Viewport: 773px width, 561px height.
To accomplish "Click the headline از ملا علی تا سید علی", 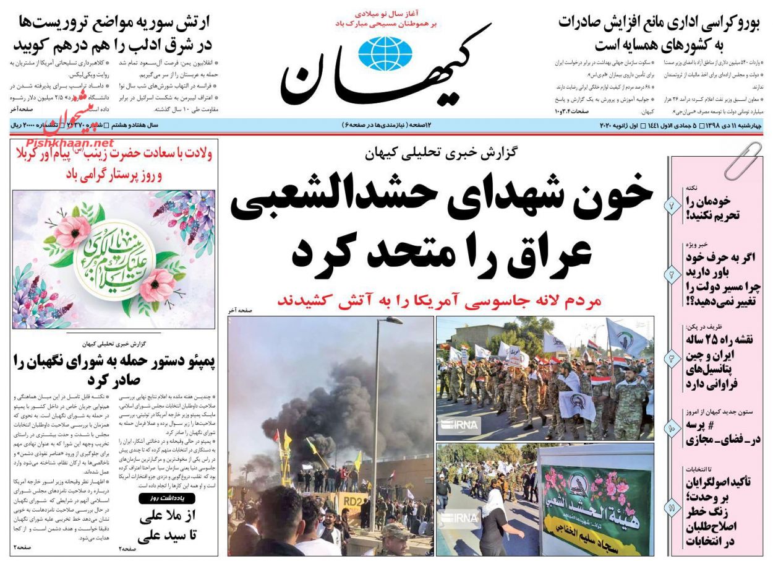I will [167, 526].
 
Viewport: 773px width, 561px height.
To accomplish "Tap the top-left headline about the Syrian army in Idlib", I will [111, 33].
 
